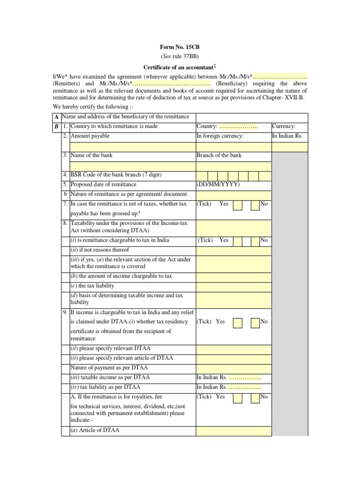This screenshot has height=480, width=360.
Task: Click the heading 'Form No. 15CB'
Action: pos(180,46)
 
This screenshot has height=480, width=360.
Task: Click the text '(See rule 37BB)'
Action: pos(180,56)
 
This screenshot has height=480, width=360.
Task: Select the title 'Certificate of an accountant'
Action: pos(180,67)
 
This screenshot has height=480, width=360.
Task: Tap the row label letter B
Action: pos(56,127)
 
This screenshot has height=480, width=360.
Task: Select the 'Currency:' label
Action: pos(284,127)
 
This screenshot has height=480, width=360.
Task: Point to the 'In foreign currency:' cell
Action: pos(220,136)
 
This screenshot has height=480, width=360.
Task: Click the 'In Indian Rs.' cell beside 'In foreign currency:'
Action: pos(287,136)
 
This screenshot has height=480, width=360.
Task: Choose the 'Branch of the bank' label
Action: pos(219,156)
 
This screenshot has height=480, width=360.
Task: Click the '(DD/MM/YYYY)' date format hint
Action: pos(218,184)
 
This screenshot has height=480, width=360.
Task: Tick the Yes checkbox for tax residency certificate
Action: pos(238,322)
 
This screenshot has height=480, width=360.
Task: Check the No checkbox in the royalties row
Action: pos(255,397)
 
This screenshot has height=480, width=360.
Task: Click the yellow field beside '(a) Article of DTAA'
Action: pos(233,431)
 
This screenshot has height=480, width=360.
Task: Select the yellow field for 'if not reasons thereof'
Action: pos(233,250)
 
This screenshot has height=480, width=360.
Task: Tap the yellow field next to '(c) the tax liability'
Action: pos(233,286)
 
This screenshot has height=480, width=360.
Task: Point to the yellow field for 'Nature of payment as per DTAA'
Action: pos(233,368)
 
